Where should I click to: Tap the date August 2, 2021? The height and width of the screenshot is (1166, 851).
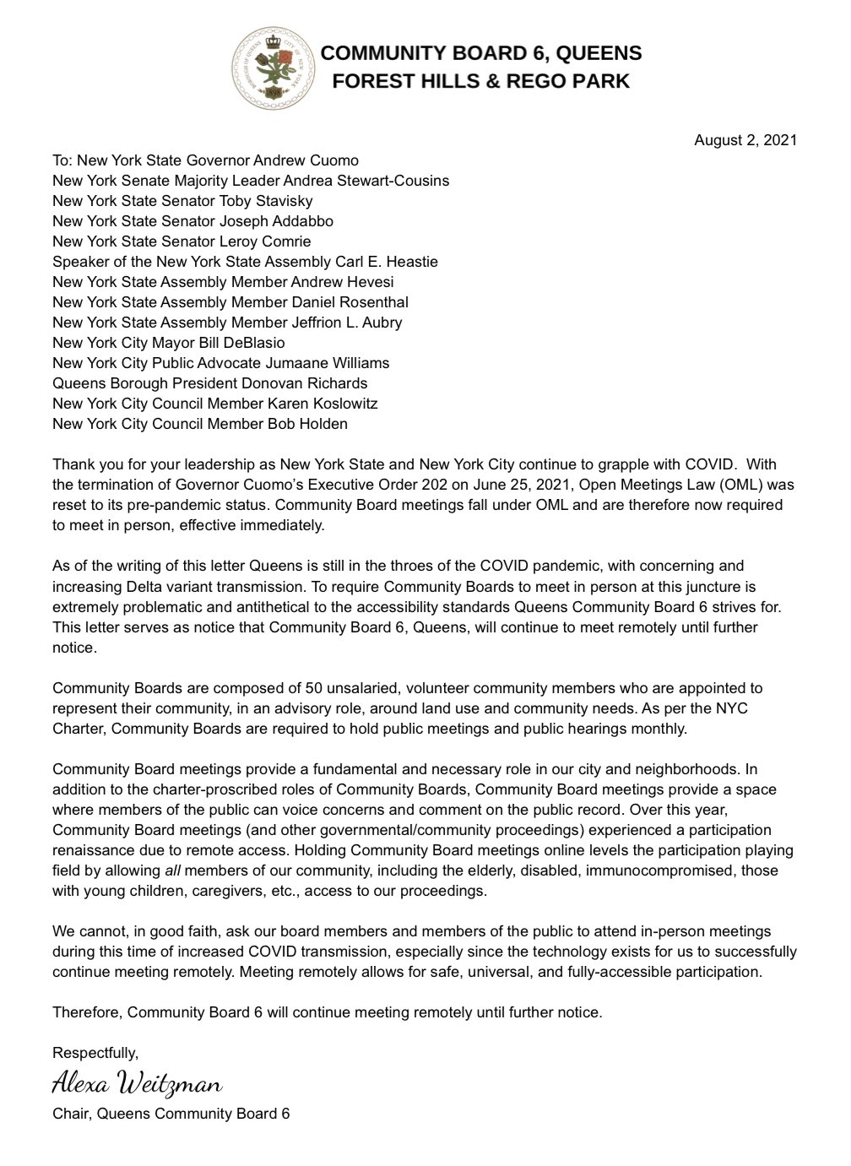pyautogui.click(x=745, y=140)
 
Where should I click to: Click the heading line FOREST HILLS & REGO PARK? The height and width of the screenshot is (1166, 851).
pyautogui.click(x=480, y=81)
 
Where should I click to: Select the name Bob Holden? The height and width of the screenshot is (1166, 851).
pyautogui.click(x=306, y=424)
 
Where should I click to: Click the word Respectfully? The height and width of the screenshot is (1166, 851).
pyautogui.click(x=95, y=1053)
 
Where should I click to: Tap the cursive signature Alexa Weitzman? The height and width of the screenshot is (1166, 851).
pyautogui.click(x=137, y=1082)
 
